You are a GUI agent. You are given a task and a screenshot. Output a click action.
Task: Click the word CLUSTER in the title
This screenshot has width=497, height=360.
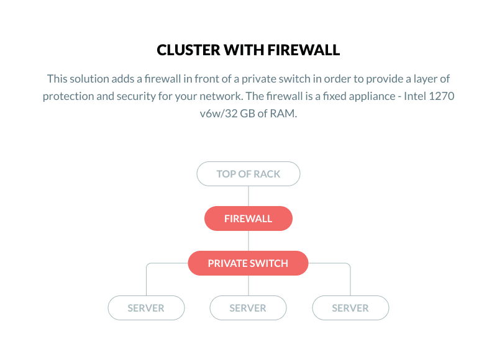click(185, 50)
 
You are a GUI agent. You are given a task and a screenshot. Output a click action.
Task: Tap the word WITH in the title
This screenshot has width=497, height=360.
click(239, 50)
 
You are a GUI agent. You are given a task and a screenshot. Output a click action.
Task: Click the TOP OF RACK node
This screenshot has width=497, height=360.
click(248, 174)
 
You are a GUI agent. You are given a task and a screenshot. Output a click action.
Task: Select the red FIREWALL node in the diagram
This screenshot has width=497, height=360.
click(248, 218)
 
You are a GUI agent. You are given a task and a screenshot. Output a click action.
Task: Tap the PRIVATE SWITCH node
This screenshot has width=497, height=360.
click(248, 263)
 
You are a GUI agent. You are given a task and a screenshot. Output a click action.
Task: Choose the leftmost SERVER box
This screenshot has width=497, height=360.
click(146, 308)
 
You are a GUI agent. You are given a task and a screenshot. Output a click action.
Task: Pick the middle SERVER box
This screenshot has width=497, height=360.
click(248, 308)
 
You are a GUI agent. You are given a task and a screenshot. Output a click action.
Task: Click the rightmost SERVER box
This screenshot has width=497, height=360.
click(350, 308)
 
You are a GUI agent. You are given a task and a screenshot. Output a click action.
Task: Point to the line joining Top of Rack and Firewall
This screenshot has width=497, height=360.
click(248, 196)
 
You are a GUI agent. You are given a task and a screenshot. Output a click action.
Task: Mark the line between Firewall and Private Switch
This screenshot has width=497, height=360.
click(248, 241)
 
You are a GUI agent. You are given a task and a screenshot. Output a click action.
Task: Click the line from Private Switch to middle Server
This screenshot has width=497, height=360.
click(248, 286)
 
